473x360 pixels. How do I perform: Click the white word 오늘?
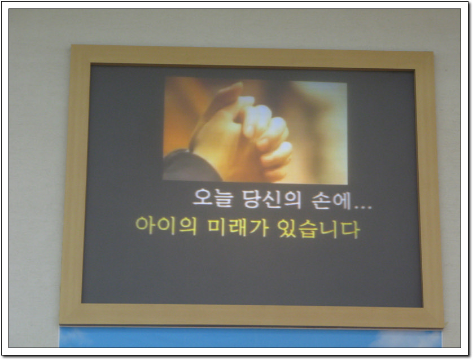[213, 199]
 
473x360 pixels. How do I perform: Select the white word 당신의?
[272, 199]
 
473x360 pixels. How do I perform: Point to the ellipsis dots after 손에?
[362, 207]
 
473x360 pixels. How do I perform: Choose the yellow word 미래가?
[238, 227]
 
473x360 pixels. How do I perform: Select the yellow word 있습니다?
[318, 229]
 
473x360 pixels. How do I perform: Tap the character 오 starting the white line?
[203, 198]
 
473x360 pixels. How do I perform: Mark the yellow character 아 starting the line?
[145, 225]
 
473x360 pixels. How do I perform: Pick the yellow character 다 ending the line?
[350, 230]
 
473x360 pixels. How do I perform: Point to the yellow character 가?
[258, 227]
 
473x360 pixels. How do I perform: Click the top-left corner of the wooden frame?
[72, 45]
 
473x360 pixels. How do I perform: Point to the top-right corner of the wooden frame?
[433, 51]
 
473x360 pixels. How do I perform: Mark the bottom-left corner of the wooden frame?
[60, 324]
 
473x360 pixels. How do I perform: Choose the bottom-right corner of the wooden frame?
[444, 327]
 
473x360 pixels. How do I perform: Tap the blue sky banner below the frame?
[251, 337]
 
